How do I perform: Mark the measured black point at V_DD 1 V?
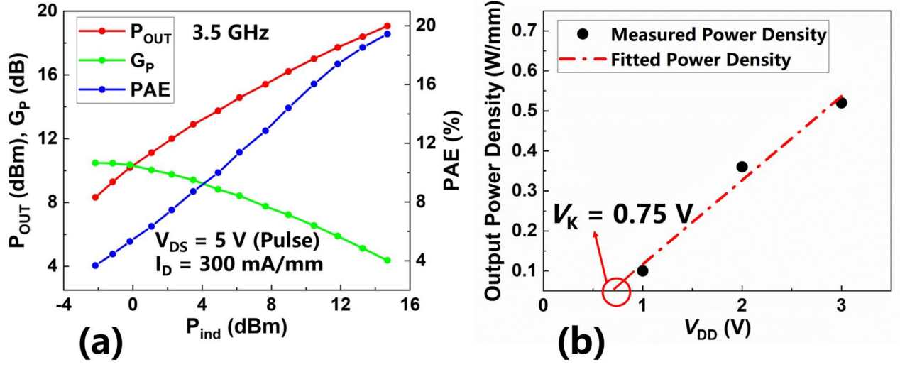click(642, 270)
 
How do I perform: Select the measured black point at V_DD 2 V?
click(742, 167)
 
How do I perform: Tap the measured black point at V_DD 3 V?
click(841, 102)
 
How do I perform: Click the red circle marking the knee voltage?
click(615, 291)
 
